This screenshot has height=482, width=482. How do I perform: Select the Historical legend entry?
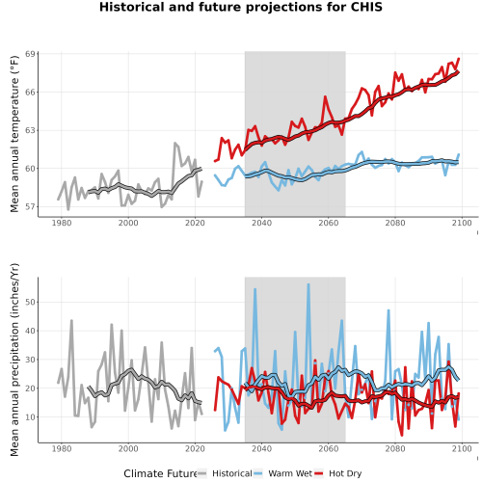point(225,473)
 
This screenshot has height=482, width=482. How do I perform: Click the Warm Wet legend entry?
point(282,473)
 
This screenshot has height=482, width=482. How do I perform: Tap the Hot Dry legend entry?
point(338,473)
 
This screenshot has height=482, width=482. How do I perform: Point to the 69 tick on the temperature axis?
point(30,54)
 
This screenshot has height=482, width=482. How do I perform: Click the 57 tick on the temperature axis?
point(30,207)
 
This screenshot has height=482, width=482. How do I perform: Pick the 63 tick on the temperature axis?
point(30,130)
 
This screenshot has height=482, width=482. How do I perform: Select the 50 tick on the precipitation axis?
point(30,302)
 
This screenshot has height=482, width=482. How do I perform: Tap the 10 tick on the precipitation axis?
point(30,417)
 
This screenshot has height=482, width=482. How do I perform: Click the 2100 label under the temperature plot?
point(462,223)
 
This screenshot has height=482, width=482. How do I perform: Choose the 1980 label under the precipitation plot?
point(62,448)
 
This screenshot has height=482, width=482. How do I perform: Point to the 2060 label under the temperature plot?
point(329,223)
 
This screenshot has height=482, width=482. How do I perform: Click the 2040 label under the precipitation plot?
point(261,448)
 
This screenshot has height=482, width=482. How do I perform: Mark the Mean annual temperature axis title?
point(14,134)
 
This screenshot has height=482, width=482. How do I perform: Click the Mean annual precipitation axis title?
point(14,360)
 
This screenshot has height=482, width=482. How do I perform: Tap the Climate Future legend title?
point(160,473)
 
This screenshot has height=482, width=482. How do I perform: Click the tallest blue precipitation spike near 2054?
point(308,284)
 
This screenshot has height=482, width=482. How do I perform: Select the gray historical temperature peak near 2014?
point(174,144)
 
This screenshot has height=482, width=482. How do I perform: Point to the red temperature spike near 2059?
point(325,96)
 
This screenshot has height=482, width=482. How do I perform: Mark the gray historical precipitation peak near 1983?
point(71,320)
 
